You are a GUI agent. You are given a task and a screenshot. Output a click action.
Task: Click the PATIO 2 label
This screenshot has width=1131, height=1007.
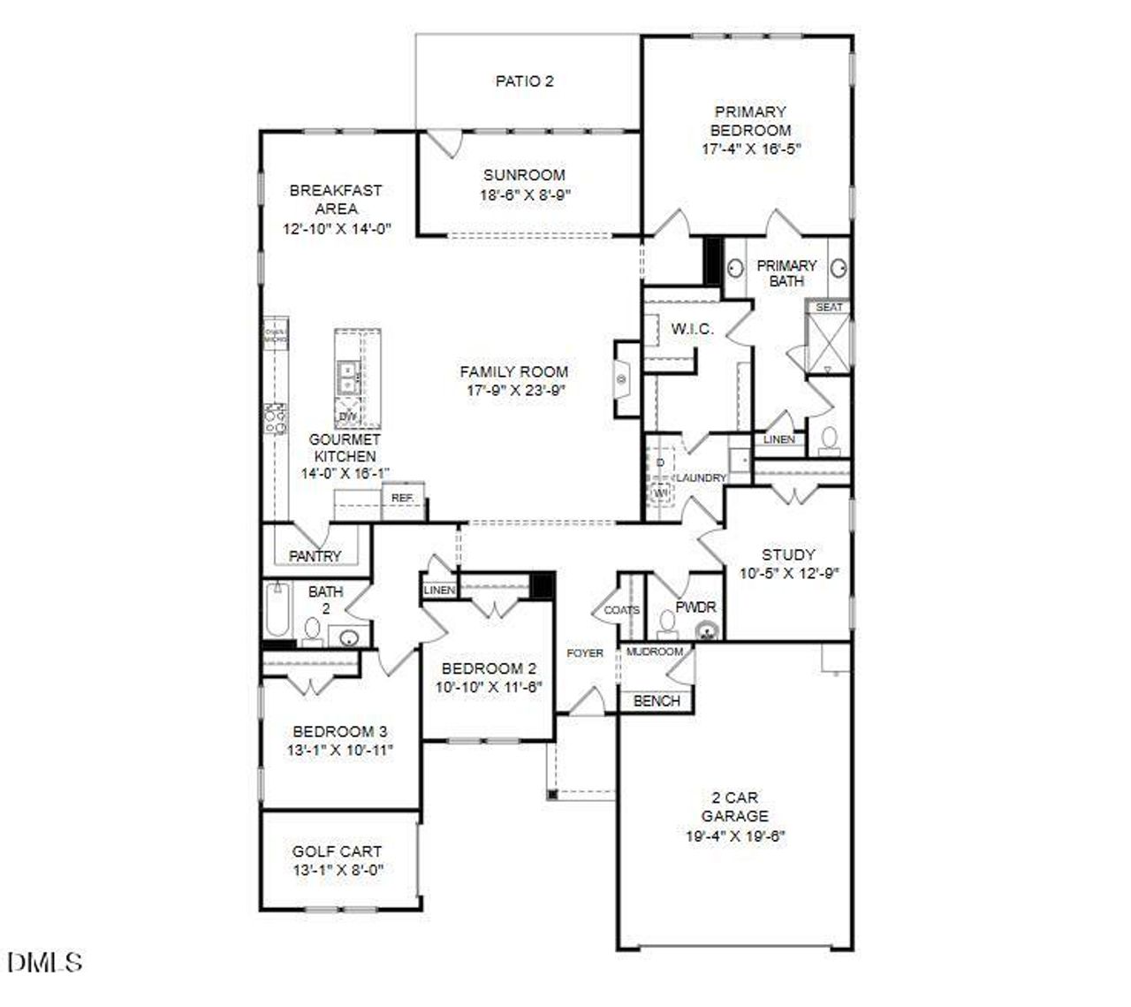[x=524, y=81]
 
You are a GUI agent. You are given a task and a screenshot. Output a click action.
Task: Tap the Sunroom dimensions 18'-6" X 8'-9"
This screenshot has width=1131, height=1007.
[x=524, y=195]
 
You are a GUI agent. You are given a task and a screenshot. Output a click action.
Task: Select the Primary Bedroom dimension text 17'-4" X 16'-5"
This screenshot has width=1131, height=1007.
[x=750, y=149]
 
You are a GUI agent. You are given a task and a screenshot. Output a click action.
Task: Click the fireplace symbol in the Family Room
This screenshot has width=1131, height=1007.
[x=622, y=379]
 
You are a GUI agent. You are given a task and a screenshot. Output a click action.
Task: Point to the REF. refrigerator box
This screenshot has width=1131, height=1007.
[x=403, y=499]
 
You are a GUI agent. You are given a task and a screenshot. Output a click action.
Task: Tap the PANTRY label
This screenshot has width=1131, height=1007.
[x=315, y=556]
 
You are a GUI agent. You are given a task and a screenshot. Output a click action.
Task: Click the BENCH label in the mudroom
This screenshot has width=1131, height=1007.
[x=657, y=701]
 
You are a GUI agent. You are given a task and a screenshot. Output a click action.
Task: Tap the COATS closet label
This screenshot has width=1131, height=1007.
[x=622, y=610]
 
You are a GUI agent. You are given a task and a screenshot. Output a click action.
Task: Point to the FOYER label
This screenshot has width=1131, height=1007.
[x=585, y=653]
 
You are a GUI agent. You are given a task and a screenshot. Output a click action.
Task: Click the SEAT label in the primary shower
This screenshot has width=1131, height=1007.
[x=828, y=307]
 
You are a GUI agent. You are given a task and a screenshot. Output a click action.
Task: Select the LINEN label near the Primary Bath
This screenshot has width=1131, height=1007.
[x=778, y=439]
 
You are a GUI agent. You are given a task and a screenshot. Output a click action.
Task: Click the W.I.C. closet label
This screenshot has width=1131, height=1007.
[x=692, y=329]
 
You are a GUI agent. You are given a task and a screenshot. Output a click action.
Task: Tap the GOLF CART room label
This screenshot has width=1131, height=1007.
[x=337, y=851]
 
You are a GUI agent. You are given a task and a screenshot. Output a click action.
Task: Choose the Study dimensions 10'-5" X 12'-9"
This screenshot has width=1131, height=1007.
[x=788, y=573]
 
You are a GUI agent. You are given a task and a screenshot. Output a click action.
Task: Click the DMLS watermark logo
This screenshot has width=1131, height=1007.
[x=44, y=962]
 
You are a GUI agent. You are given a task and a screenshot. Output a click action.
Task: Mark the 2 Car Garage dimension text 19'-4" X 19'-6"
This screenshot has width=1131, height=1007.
[x=734, y=835]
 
